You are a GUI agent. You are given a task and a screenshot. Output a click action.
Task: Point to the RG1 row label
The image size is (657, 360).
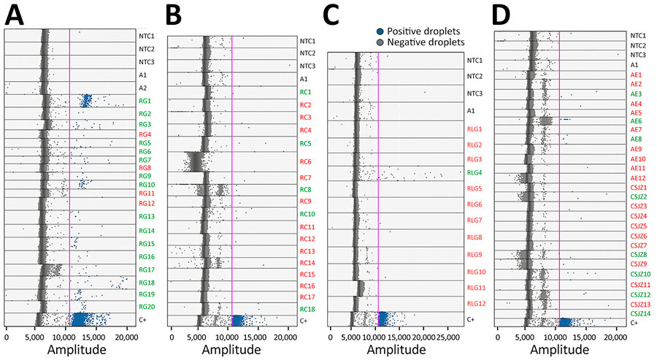click(145, 101)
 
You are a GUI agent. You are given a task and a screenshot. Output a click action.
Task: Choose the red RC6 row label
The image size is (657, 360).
click(305, 161)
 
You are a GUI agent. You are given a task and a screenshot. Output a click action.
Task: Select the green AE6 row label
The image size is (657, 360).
click(636, 121)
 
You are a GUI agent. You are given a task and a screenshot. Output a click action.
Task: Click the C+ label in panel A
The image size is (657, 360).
click(143, 319)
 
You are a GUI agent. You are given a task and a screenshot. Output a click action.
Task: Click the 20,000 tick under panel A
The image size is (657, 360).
click(126, 339)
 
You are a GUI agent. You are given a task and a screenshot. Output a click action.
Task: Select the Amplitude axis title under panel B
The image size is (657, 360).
click(231, 351)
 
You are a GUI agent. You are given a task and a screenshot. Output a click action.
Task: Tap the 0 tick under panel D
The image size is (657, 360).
click(498, 339)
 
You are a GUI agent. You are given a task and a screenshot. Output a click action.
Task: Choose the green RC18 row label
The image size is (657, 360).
click(307, 309)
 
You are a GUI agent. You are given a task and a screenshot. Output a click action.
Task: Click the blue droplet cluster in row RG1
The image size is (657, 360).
click(86, 101)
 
